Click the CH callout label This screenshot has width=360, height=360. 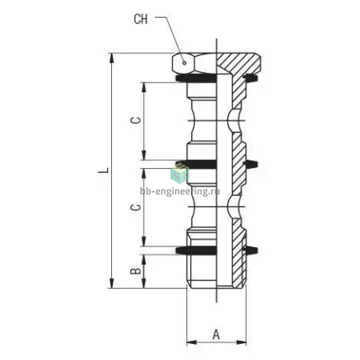pos(141,19)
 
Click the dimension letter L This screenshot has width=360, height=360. pos(103,170)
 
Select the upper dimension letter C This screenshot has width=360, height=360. pos(135,121)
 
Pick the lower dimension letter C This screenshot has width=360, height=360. pos(135,207)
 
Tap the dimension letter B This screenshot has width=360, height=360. pos(135,271)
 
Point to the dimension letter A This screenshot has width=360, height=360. pos(216,334)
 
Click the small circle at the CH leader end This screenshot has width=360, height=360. pos(184,63)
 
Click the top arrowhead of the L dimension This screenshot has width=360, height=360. pos(112,58)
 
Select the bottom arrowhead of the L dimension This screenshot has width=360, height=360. pos(112,283)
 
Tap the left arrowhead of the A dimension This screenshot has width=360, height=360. pos(192,342)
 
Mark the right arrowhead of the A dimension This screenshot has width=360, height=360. pos(241,342)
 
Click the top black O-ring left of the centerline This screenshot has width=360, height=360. pos(196,78)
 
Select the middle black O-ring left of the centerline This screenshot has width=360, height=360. pos(196,164)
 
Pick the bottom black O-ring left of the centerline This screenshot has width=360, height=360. pos(196,250)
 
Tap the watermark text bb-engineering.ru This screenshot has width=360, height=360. pos(180,191)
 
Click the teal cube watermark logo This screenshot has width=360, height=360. pos(179,174)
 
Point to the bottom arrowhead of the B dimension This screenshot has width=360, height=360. pos(144,283)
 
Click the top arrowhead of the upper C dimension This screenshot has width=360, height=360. pos(144,87)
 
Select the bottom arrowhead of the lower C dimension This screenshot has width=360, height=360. pos(144,242)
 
